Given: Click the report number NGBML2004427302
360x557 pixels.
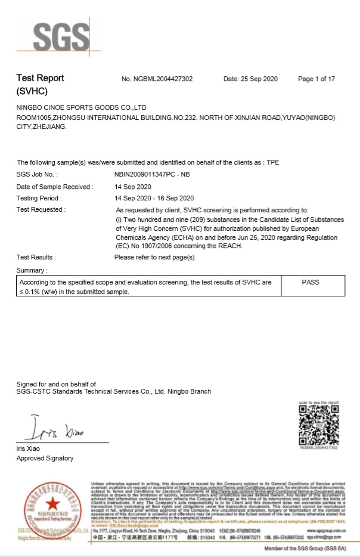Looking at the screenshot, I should [x=157, y=79].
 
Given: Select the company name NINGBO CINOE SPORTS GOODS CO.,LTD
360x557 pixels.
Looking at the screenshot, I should [x=82, y=107].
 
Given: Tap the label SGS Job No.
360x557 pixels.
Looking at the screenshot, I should [x=38, y=174].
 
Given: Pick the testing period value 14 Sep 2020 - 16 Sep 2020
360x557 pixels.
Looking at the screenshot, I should [x=154, y=198].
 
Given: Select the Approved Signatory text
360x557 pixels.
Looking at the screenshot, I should [x=45, y=458].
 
